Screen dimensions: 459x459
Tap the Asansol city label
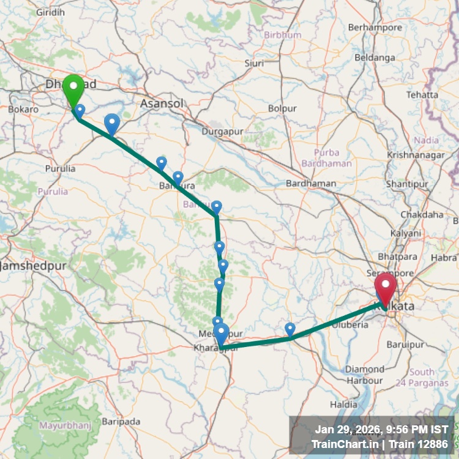(x=162, y=103)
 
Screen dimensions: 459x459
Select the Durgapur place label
(x=223, y=131)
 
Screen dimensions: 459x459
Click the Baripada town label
(x=121, y=422)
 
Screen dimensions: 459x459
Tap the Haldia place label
(x=343, y=405)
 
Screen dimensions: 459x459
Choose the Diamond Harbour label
(x=365, y=375)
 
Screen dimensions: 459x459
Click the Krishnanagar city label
(x=416, y=155)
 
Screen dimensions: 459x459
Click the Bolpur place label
(x=282, y=108)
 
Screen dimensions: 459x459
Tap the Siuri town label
(x=254, y=63)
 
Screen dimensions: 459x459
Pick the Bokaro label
(x=24, y=110)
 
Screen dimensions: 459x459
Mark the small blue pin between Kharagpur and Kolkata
(x=290, y=329)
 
